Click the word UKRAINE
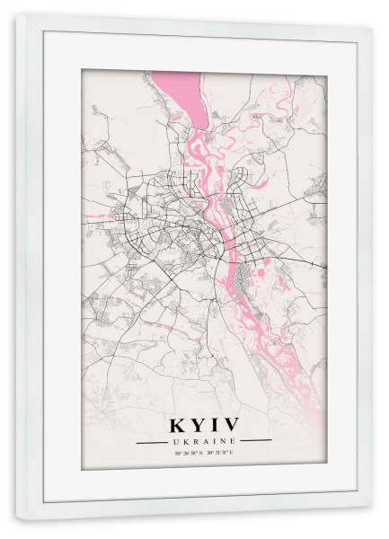(203, 441)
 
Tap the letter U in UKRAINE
(173, 441)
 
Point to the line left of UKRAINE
(150, 441)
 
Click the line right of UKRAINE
(256, 441)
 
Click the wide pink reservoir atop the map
(180, 90)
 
